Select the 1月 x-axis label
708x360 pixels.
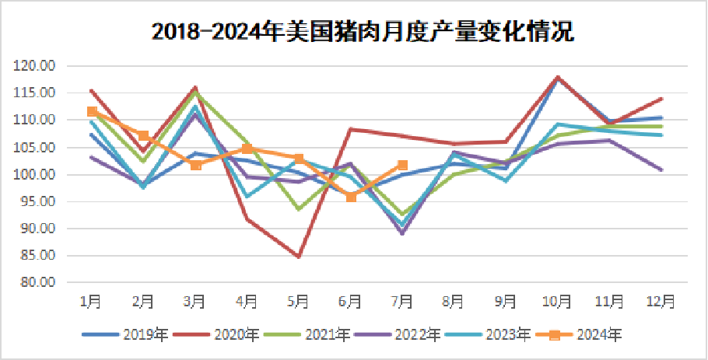(91, 300)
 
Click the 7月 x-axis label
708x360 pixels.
(402, 300)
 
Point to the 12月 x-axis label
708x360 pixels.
(661, 300)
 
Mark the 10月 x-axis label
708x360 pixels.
(558, 300)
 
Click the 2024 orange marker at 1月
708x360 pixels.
(92, 112)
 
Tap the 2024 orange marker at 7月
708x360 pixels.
(402, 165)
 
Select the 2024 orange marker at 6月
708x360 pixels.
(351, 197)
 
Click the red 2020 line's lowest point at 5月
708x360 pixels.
(299, 257)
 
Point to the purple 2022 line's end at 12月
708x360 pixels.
(661, 170)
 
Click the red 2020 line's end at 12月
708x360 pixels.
(661, 99)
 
